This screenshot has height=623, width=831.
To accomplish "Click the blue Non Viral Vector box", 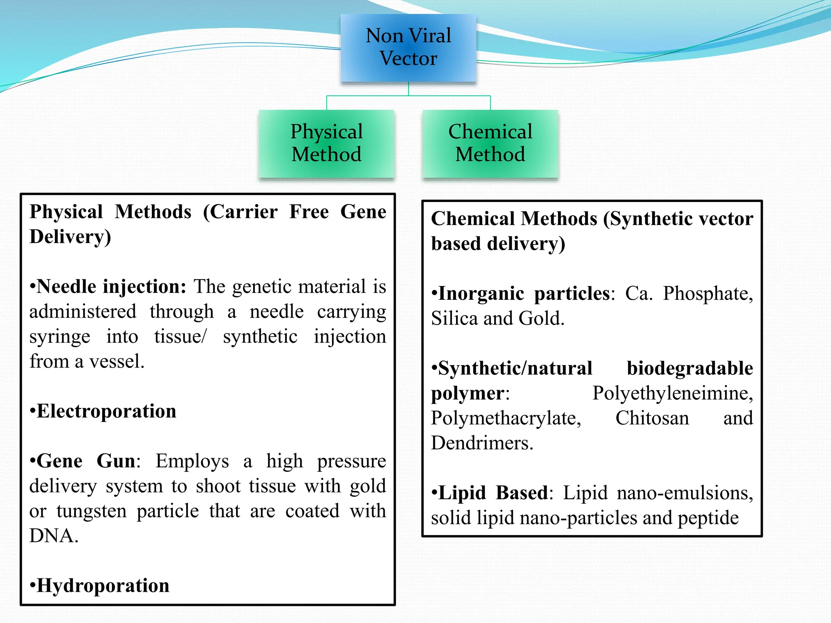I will coord(408,47).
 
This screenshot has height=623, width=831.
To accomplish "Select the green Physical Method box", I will coord(327,143).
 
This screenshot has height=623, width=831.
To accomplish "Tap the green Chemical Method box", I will coord(490,143).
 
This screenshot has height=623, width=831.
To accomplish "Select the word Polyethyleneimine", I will coord(672,393).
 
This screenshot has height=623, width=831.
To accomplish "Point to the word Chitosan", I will coord(652,418).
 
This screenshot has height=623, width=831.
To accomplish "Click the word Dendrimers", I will coord(481,443).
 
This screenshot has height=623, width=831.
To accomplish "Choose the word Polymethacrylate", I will coord(506,418).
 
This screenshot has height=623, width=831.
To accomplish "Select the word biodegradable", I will coord(689,368).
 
